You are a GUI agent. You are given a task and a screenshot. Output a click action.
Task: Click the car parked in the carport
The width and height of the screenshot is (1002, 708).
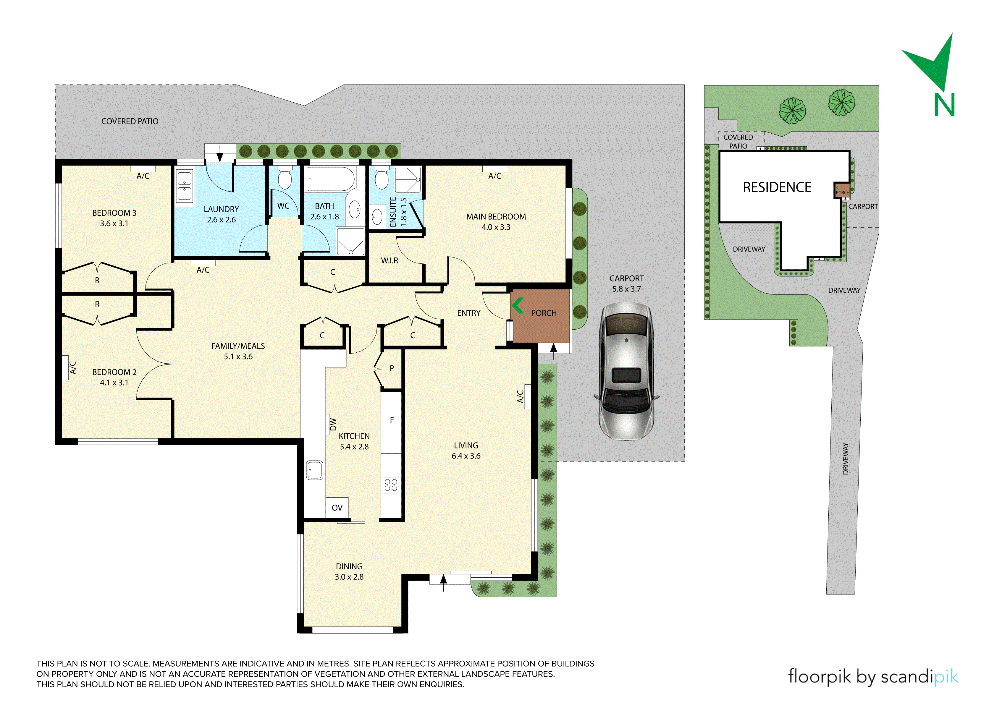[x=626, y=372]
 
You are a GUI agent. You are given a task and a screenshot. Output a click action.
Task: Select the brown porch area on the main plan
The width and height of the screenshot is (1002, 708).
[x=540, y=316]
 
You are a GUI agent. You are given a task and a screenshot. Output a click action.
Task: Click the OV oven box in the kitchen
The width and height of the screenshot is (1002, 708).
[x=337, y=508]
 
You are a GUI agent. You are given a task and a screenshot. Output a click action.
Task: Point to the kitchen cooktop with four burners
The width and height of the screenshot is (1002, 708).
[x=391, y=485]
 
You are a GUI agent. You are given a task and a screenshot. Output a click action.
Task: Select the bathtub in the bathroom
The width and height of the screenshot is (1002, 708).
[x=330, y=179]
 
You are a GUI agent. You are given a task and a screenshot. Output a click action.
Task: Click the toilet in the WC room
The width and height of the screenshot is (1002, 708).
[x=285, y=177]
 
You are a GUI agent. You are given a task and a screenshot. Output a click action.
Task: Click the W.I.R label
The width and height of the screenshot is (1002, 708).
[x=390, y=261]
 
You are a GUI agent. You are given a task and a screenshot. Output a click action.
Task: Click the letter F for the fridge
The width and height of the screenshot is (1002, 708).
[x=392, y=420]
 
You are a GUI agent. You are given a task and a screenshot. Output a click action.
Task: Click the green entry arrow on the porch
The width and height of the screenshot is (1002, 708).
[x=518, y=306]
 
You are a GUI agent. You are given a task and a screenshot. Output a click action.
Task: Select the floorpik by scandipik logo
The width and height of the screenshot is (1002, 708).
[x=873, y=677]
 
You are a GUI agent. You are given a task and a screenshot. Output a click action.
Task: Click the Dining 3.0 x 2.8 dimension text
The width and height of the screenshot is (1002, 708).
[x=349, y=577]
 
